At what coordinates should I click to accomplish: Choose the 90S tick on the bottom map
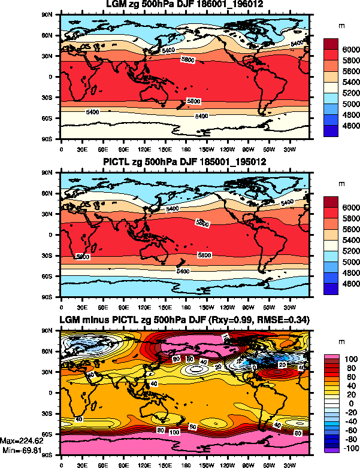[x=52, y=455]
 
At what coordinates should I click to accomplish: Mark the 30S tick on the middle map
[x=52, y=256]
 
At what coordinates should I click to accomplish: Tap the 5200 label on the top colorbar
[x=350, y=93]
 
